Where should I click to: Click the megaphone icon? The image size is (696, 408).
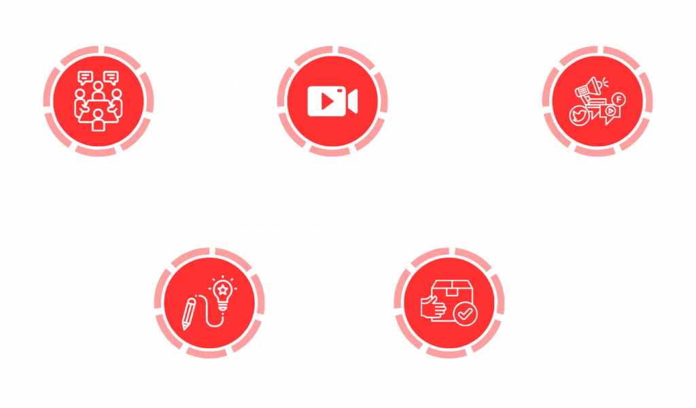click(x=589, y=90)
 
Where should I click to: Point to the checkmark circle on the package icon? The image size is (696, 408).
click(x=465, y=313)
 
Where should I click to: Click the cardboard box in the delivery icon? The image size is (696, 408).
click(x=454, y=290)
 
